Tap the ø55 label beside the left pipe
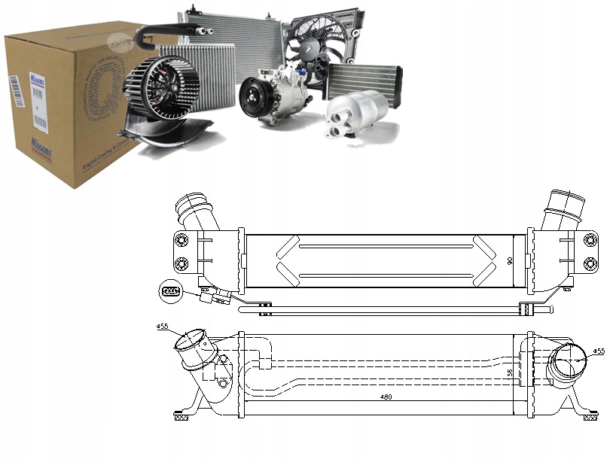pyautogui.click(x=162, y=327)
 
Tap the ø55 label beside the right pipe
pyautogui.click(x=599, y=351)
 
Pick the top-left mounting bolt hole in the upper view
pyautogui.click(x=181, y=241)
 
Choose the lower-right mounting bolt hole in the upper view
pyautogui.click(x=591, y=263)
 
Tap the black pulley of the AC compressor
pyautogui.click(x=252, y=99)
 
